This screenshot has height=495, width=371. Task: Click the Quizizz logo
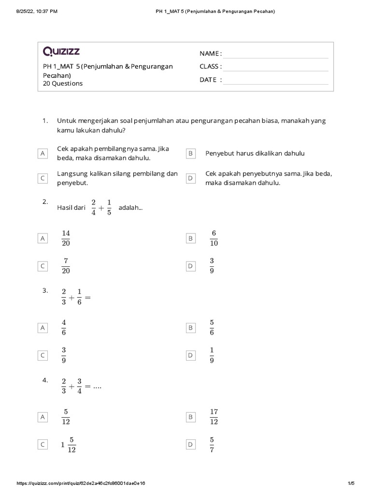[61, 51]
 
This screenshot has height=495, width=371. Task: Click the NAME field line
[275, 54]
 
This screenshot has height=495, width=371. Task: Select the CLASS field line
[275, 67]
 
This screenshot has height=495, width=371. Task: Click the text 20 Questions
[63, 84]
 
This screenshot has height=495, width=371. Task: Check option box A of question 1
[43, 153]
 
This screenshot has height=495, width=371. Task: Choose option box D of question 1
[190, 178]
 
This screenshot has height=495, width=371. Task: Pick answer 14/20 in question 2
[66, 238]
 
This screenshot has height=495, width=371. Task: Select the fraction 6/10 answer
[214, 238]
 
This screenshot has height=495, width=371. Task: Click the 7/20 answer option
[66, 266]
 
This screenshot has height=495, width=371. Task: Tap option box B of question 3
[190, 328]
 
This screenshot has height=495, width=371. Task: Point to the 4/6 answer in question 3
[64, 328]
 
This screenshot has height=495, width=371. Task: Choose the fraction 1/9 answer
[212, 355]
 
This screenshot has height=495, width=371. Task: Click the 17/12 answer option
[214, 417]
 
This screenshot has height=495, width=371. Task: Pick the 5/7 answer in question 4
[212, 445]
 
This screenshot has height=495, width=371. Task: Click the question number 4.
[45, 380]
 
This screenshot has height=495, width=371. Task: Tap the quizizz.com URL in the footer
[81, 483]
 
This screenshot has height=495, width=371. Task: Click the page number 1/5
[351, 483]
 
